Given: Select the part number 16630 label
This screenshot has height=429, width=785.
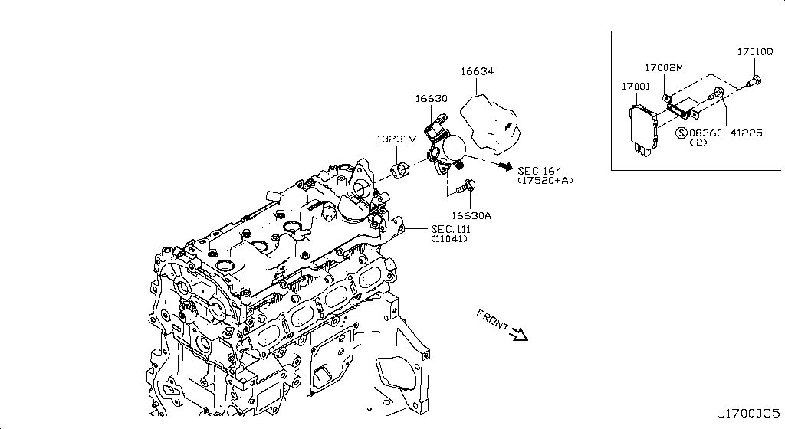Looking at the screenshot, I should click(432, 99).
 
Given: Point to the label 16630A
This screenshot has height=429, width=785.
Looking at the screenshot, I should click(471, 216).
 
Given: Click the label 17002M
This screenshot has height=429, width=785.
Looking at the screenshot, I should click(662, 68).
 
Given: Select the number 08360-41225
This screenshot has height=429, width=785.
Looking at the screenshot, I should click(725, 133).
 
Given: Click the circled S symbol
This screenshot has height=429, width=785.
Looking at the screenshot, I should click(681, 133).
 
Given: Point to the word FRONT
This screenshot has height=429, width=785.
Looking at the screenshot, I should click(492, 320).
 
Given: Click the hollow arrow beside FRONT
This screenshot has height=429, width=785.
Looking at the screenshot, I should click(518, 333).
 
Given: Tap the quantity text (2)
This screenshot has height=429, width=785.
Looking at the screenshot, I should click(698, 143).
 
